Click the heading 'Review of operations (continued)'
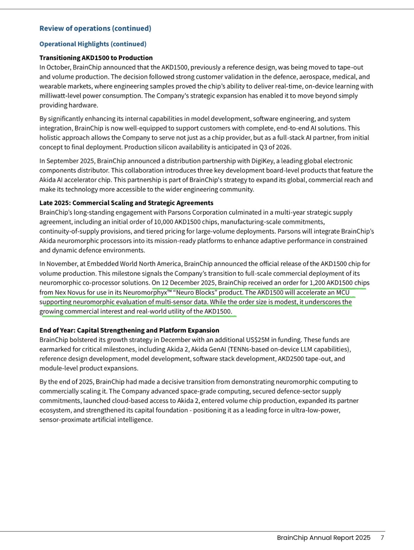(95, 29)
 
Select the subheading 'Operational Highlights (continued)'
(93, 44)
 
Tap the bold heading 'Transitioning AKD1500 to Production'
(96, 58)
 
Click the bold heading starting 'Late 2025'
(126, 203)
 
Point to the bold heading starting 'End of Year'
(129, 330)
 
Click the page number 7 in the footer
(382, 537)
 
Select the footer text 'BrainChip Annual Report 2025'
(323, 537)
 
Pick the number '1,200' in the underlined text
(317, 283)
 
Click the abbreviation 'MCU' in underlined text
(343, 292)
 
